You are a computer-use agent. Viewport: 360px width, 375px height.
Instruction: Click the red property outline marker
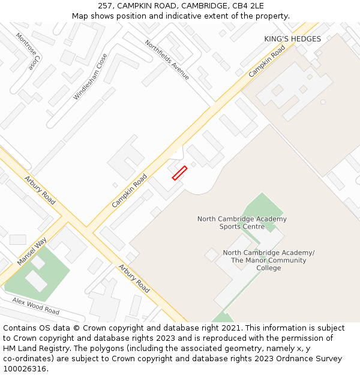(179, 173)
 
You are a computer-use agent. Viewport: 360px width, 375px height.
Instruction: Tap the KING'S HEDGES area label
(292, 39)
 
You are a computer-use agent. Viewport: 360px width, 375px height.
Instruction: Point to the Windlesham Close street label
(91, 77)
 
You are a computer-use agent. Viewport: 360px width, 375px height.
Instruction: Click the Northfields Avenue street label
(167, 59)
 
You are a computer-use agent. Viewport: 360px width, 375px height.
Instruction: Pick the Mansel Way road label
(32, 251)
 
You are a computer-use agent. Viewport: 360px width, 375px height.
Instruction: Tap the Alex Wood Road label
(35, 306)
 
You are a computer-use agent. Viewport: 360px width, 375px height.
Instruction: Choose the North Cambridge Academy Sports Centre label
(242, 223)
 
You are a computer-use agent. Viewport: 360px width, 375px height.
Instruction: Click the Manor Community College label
(268, 260)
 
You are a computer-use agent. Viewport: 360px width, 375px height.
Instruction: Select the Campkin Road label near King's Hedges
(267, 61)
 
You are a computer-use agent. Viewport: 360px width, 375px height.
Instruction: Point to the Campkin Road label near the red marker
(130, 191)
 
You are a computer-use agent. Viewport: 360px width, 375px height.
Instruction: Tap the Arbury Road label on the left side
(40, 190)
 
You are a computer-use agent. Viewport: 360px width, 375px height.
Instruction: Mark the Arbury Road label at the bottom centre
(134, 278)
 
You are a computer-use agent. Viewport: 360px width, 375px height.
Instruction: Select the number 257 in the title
(106, 5)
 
